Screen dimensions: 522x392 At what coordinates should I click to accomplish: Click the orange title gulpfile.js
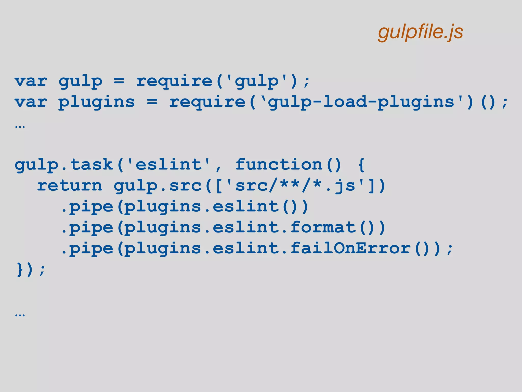421,32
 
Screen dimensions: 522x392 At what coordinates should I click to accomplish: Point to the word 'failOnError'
350,248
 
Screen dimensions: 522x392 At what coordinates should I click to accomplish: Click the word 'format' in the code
323,227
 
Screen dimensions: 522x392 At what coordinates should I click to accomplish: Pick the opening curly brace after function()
361,165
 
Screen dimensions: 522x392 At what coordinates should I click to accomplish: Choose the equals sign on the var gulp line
119,81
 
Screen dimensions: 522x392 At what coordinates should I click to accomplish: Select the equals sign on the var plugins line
152,102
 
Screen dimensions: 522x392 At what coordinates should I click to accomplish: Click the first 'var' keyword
31,81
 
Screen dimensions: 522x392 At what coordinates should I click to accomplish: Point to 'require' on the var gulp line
174,81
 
